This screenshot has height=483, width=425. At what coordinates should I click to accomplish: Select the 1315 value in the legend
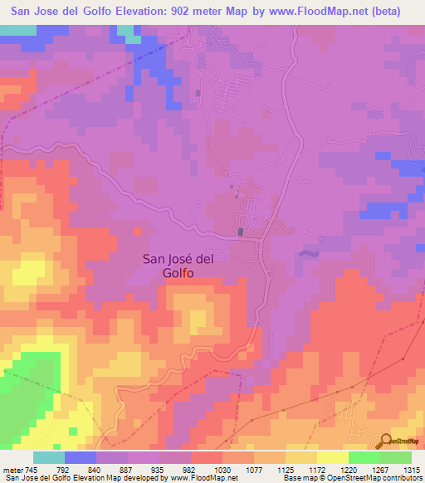pyautogui.click(x=411, y=470)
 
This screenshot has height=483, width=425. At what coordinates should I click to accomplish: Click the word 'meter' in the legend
pyautogui.click(x=12, y=470)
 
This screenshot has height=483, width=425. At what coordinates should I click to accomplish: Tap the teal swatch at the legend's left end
pyautogui.click(x=49, y=457)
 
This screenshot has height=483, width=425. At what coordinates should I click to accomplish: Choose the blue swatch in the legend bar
pyautogui.click(x=81, y=457)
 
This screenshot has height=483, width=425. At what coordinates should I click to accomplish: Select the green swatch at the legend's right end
pyautogui.click(x=395, y=457)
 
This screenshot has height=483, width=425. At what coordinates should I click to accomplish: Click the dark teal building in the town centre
pyautogui.click(x=242, y=232)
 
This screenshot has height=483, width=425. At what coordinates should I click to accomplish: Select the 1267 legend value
pyautogui.click(x=379, y=470)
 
